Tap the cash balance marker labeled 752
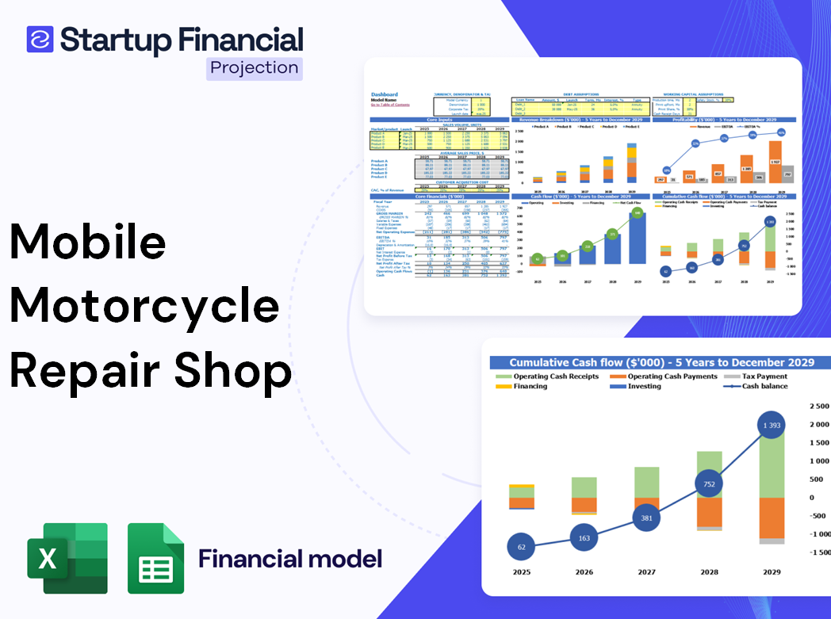pos(708,483)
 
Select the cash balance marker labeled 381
pos(646,518)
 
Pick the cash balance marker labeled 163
pos(584,537)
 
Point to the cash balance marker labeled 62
pos(522,547)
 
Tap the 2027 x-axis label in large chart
pos(646,571)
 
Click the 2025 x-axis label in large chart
pos(522,571)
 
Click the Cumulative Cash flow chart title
pos(661,362)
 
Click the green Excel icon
pos(67,558)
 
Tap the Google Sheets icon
pos(156,558)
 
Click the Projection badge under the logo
pos(254,68)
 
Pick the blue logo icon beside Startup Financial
pos(40,40)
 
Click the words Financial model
pos(290,559)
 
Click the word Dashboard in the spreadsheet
pos(385,95)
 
